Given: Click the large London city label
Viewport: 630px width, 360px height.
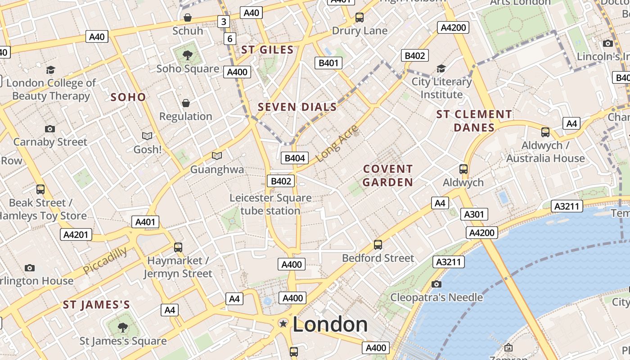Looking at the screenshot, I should pyautogui.click(x=330, y=324).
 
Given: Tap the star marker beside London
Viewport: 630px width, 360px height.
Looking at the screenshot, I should pyautogui.click(x=283, y=323).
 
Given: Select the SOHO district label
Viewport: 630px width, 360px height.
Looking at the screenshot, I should pyautogui.click(x=128, y=97).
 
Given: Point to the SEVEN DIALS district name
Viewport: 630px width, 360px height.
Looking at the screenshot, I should pyautogui.click(x=297, y=107).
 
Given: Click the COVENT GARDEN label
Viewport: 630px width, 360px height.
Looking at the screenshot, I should pyautogui.click(x=387, y=175).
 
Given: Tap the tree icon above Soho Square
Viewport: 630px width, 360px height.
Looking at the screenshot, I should pyautogui.click(x=188, y=55).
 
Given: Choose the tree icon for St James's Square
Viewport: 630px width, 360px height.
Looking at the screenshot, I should pyautogui.click(x=122, y=327).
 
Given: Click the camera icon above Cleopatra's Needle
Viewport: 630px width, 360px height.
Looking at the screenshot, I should pyautogui.click(x=436, y=284).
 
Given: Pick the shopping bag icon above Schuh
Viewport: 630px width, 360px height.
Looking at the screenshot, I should pyautogui.click(x=188, y=18).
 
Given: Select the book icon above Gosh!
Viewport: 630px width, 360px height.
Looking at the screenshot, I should pyautogui.click(x=147, y=136).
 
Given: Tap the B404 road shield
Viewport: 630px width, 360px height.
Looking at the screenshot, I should pyautogui.click(x=295, y=158).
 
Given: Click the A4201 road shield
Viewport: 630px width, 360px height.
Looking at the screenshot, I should pyautogui.click(x=76, y=234).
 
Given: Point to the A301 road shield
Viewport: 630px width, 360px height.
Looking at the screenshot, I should pyautogui.click(x=474, y=214).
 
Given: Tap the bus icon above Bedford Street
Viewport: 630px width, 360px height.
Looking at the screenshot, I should pyautogui.click(x=378, y=245).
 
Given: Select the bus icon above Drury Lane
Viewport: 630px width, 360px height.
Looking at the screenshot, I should pyautogui.click(x=359, y=18).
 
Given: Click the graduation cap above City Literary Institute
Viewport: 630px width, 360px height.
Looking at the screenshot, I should pyautogui.click(x=441, y=68).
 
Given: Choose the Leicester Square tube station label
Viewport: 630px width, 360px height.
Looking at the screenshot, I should pyautogui.click(x=270, y=204).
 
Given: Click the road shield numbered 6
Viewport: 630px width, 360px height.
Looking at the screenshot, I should pyautogui.click(x=229, y=39).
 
